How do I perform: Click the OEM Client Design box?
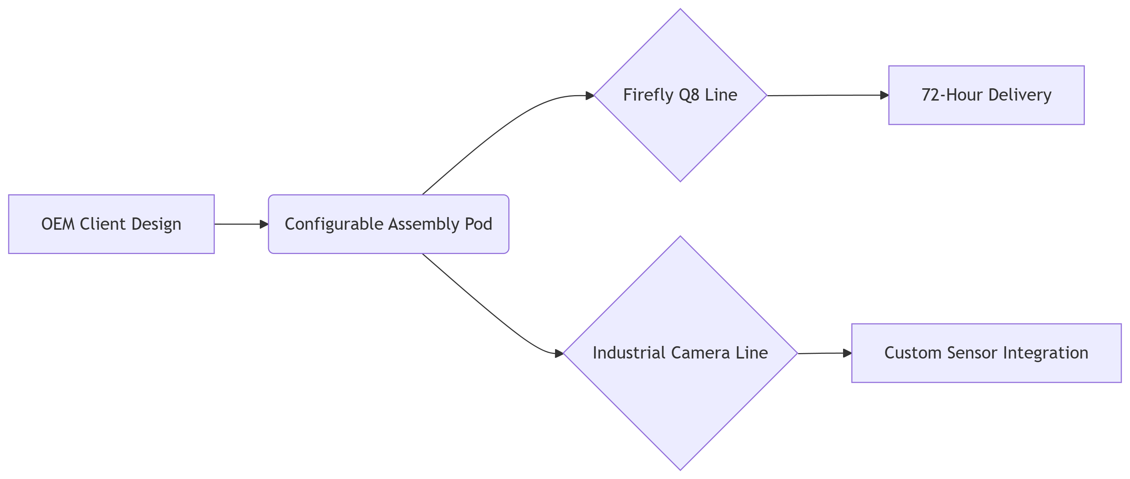pyautogui.click(x=111, y=224)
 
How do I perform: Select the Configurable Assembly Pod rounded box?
pyautogui.click(x=388, y=224)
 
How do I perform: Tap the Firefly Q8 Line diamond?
pyautogui.click(x=680, y=132)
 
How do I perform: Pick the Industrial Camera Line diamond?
pyautogui.click(x=680, y=395)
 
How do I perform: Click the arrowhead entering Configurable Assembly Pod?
pyautogui.click(x=264, y=224)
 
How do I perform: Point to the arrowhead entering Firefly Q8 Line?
pyautogui.click(x=590, y=95)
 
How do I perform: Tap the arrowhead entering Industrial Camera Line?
pyautogui.click(x=559, y=353)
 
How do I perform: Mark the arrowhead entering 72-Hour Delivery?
pyautogui.click(x=884, y=95)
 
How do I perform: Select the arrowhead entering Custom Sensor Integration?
pyautogui.click(x=847, y=353)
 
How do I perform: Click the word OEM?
pyautogui.click(x=58, y=224)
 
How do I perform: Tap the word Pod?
pyautogui.click(x=479, y=224)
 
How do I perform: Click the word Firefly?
pyautogui.click(x=648, y=95)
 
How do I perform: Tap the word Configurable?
pyautogui.click(x=334, y=224)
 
